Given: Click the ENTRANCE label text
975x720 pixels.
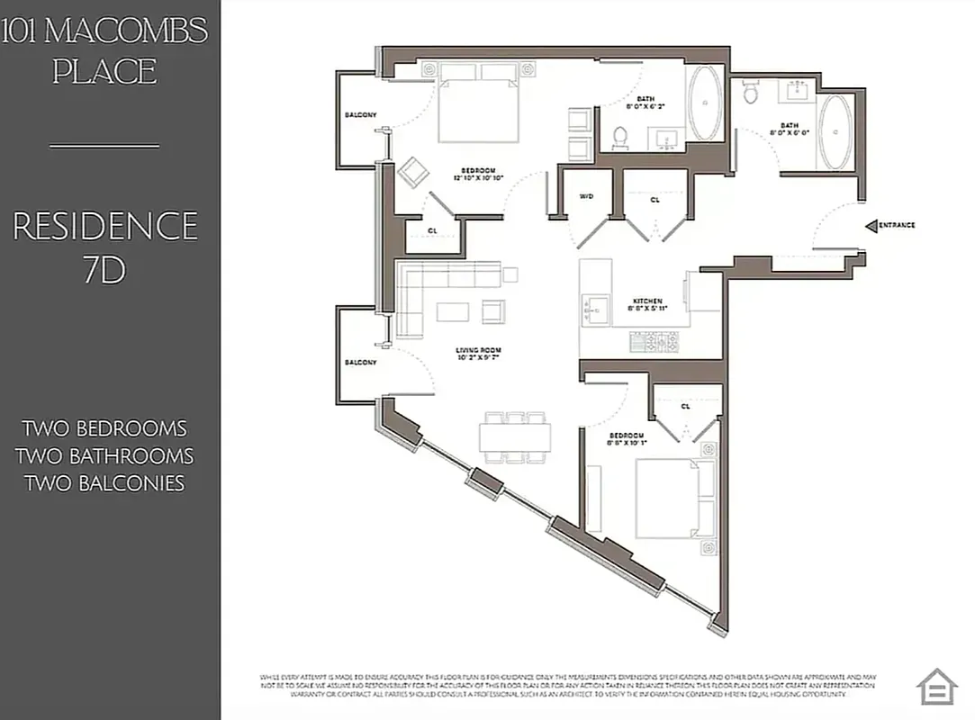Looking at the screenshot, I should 897,225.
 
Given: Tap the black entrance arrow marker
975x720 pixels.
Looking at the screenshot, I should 871,225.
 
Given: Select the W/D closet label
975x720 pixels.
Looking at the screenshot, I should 586,195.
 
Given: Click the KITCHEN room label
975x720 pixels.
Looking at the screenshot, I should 647,301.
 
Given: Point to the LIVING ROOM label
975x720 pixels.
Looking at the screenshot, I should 478,351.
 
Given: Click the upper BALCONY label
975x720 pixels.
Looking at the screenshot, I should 360,115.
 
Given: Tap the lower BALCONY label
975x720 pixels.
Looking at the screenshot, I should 360,362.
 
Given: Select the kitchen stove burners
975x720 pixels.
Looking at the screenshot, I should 655,340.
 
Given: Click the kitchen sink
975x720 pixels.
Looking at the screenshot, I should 594,311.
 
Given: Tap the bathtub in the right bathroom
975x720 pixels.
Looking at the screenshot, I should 837,132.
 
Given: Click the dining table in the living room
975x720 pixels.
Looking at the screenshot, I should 515,437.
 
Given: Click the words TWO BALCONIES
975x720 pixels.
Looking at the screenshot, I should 104,483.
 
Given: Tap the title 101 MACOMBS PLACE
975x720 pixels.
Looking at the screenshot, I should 105,50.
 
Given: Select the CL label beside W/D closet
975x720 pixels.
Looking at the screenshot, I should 655,200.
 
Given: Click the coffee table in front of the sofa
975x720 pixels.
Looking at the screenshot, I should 453,311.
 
